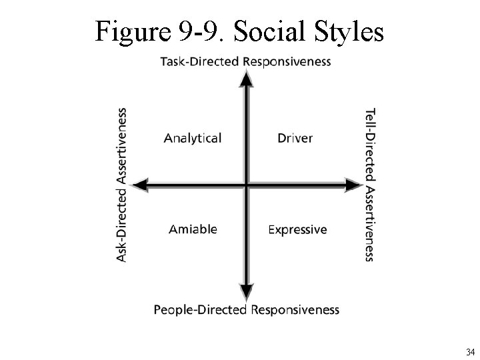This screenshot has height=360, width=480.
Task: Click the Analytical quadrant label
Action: coord(193,138)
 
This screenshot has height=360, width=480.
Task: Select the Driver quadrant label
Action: coord(295,138)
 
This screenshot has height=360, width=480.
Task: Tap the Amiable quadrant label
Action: coord(193,229)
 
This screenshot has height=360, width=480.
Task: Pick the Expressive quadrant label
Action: coord(297,229)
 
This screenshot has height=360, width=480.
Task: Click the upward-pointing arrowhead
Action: coord(247,79)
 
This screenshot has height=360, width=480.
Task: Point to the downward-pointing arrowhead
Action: coord(247,291)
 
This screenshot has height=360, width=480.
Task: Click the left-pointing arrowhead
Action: coord(141,185)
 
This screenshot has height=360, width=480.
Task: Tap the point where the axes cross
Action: coord(247,185)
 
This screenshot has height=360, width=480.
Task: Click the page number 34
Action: coord(470,351)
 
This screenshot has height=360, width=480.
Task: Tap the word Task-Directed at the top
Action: coord(200,62)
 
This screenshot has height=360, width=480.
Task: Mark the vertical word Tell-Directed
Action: coord(371,143)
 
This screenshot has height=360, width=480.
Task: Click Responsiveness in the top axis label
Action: coord(287,62)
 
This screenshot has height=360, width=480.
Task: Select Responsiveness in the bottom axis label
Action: coord(295,310)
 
